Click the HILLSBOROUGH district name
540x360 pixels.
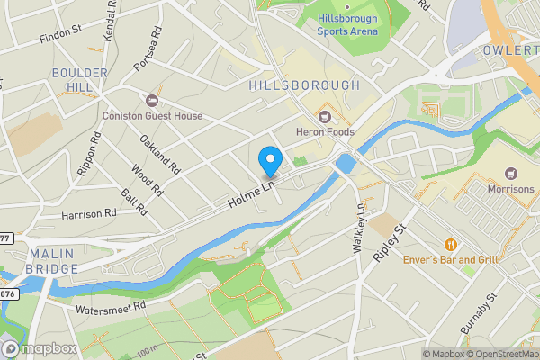pyautogui.click(x=304, y=85)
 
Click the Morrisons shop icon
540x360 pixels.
pyautogui.click(x=511, y=173)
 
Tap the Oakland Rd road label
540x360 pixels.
pyautogui.click(x=160, y=154)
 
